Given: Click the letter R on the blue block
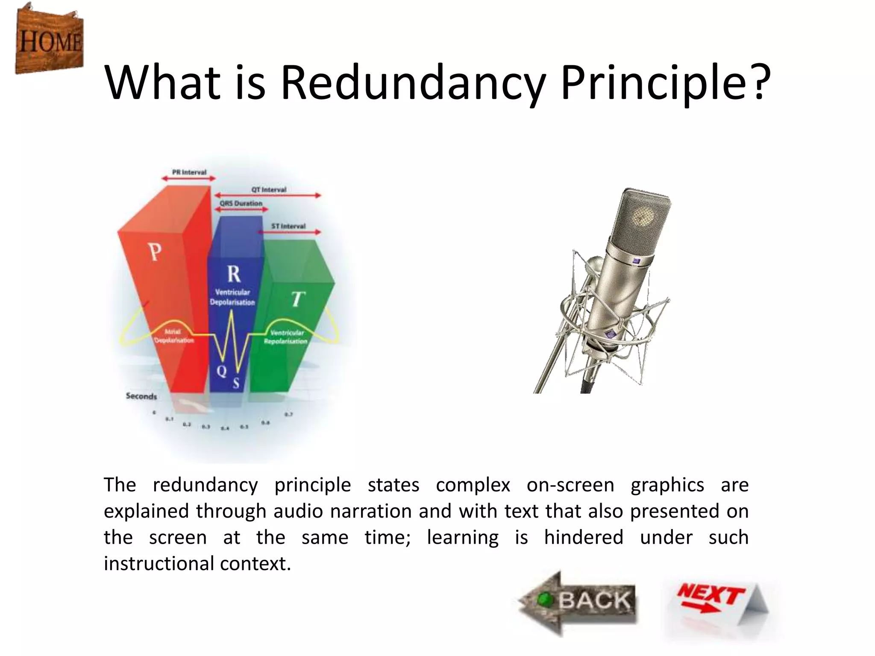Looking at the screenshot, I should click(x=234, y=274).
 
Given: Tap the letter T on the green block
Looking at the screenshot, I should click(x=298, y=299).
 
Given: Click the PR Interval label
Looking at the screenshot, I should click(x=189, y=172).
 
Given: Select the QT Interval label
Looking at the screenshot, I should click(x=269, y=189).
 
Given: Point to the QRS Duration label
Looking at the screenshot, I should click(x=241, y=203).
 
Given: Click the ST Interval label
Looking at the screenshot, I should click(x=288, y=226).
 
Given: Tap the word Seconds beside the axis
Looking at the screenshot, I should click(x=141, y=396).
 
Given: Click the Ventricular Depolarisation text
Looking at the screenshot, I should click(x=232, y=297).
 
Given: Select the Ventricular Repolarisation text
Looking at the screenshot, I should click(x=286, y=337).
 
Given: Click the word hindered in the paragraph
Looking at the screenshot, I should click(x=584, y=537).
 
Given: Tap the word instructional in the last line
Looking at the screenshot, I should click(x=159, y=564).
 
